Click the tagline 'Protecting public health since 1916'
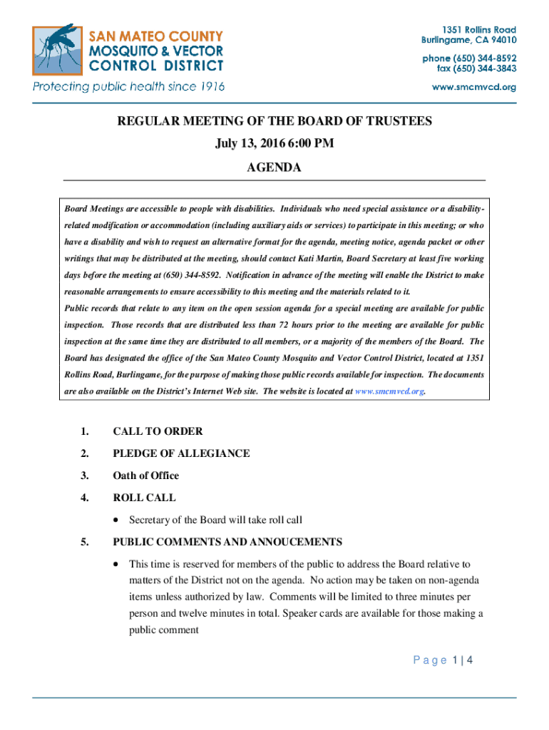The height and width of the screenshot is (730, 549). [128, 87]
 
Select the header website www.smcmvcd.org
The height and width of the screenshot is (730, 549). [475, 87]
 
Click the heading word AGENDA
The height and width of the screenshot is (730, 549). [274, 168]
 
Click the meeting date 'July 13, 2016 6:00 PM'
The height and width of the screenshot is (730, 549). [274, 144]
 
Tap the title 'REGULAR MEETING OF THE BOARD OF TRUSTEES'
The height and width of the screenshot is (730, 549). [274, 121]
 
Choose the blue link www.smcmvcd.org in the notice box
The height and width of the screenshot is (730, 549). [390, 391]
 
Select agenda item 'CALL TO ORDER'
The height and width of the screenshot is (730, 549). [158, 431]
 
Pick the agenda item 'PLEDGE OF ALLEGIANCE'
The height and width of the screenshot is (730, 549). [181, 453]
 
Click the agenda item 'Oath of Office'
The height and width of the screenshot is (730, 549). [145, 475]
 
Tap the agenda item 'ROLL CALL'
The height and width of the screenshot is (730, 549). [144, 498]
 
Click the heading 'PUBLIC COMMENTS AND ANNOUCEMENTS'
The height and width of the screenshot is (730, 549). [227, 542]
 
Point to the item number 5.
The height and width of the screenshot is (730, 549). [85, 542]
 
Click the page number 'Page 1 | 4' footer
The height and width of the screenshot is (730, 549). [443, 660]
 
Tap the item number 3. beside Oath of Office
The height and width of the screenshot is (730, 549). [85, 475]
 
